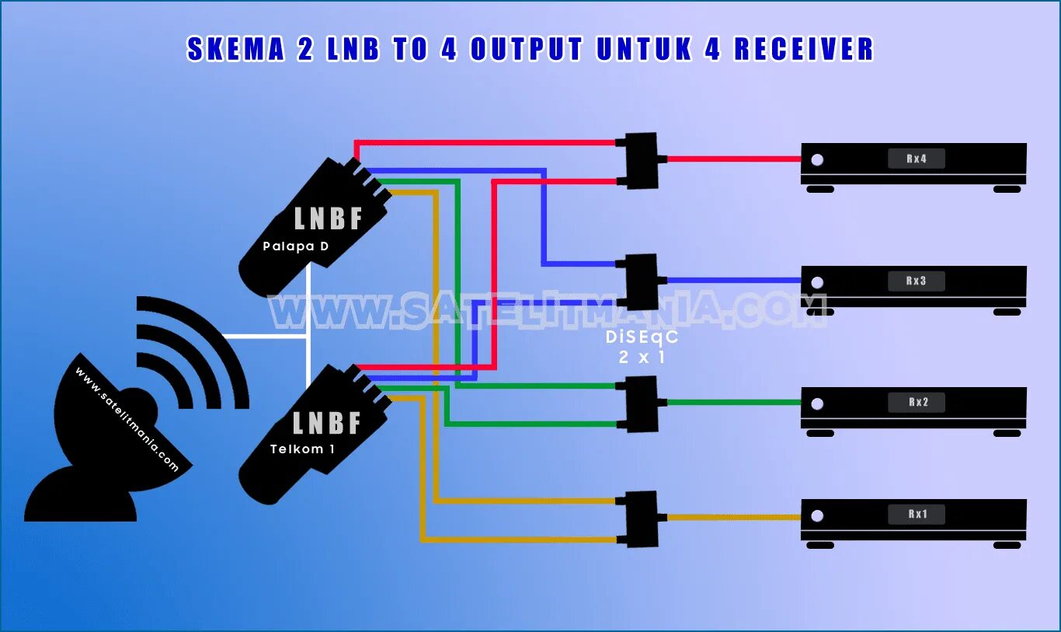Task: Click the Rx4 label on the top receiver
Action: click(917, 159)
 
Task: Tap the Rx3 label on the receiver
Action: click(917, 281)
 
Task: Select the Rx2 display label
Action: click(917, 403)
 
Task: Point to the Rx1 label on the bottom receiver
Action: click(917, 515)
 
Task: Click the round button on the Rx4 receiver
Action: click(816, 160)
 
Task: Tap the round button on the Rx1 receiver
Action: click(816, 515)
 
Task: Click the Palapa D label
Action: click(295, 247)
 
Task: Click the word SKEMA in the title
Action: click(233, 49)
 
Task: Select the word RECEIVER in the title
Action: click(804, 49)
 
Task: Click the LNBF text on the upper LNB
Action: click(329, 219)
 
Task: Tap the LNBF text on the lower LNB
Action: click(327, 423)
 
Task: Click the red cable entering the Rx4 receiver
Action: click(734, 159)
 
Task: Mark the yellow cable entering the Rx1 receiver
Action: click(734, 517)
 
